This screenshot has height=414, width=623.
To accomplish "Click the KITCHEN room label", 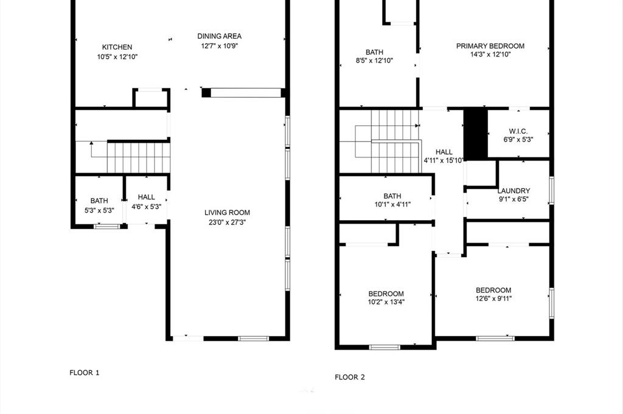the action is point(117,47).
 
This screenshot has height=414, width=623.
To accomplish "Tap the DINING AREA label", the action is point(219,36).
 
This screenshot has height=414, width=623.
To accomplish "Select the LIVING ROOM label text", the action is point(228,213).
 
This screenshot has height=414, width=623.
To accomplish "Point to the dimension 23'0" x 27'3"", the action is point(228,223).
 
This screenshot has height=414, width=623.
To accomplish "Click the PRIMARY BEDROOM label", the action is point(490,46).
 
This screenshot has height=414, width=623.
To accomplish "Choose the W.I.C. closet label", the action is point(518,131).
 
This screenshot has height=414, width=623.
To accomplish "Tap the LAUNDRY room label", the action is point(513,190).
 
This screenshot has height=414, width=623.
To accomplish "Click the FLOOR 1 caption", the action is point(84,372).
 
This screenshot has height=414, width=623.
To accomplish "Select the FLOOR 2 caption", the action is point(350,377).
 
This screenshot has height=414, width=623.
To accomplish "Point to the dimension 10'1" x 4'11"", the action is point(392,204).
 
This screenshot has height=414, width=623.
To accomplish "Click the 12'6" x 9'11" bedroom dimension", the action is point(493,298).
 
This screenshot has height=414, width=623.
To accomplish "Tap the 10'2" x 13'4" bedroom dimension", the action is point(386,302).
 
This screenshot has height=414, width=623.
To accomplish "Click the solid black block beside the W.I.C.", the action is point(476,134).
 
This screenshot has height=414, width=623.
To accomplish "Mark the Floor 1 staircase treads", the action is point(139,157).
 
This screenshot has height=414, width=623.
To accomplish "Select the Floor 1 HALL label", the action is point(146,198).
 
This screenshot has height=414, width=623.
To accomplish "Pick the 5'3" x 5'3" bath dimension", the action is point(99,210).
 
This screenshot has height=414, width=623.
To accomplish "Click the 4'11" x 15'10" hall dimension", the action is point(444,160).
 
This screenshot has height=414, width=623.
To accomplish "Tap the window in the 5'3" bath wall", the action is point(107,227).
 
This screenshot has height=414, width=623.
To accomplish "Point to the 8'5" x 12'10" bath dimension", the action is point(374,61).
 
